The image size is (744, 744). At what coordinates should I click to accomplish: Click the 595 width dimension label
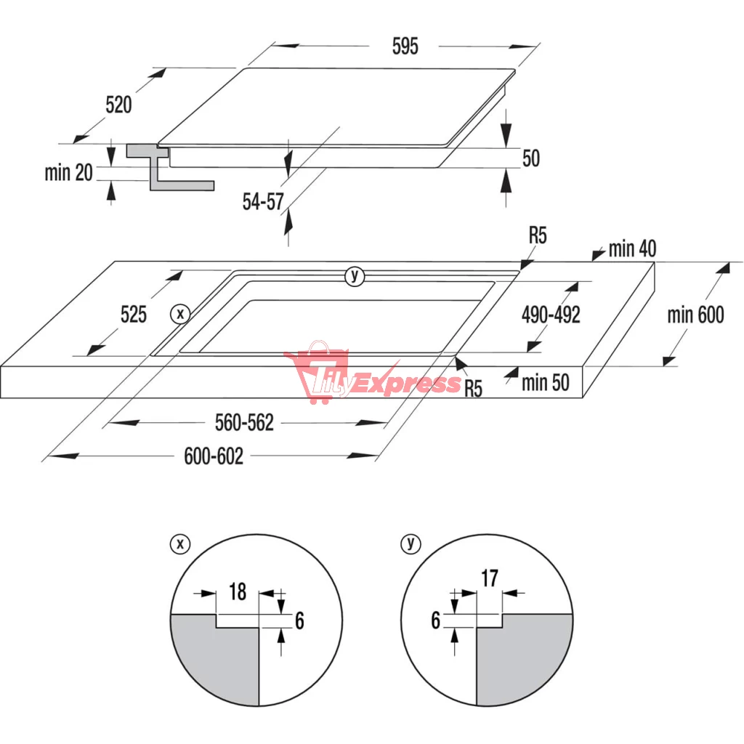(x=405, y=46)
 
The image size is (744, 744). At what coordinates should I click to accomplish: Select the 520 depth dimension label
(x=118, y=105)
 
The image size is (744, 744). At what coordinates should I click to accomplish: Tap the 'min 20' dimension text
(x=69, y=172)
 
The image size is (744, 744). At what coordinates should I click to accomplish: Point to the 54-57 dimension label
(x=263, y=202)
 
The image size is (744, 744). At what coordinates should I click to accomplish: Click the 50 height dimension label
(x=531, y=158)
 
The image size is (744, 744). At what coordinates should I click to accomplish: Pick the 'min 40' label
(x=633, y=248)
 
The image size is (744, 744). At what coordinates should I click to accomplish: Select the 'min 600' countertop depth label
(x=695, y=315)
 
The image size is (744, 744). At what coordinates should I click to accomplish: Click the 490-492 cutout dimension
(x=551, y=315)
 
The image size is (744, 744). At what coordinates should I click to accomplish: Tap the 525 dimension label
(x=134, y=315)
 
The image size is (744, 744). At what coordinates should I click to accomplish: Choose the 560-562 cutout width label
(x=244, y=423)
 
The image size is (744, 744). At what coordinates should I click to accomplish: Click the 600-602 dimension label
(x=214, y=456)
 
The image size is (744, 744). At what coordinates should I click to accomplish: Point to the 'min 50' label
(x=546, y=383)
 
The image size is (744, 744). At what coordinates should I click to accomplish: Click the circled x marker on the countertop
(x=180, y=314)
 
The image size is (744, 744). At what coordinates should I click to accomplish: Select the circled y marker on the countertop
(x=355, y=276)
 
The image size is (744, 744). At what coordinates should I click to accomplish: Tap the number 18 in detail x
(x=238, y=592)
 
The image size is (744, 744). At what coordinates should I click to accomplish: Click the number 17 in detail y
(x=490, y=578)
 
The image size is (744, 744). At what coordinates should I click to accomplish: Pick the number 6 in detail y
(x=436, y=620)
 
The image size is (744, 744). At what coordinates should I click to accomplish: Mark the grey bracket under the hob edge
(x=170, y=168)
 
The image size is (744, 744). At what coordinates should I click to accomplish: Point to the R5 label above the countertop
(x=538, y=236)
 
